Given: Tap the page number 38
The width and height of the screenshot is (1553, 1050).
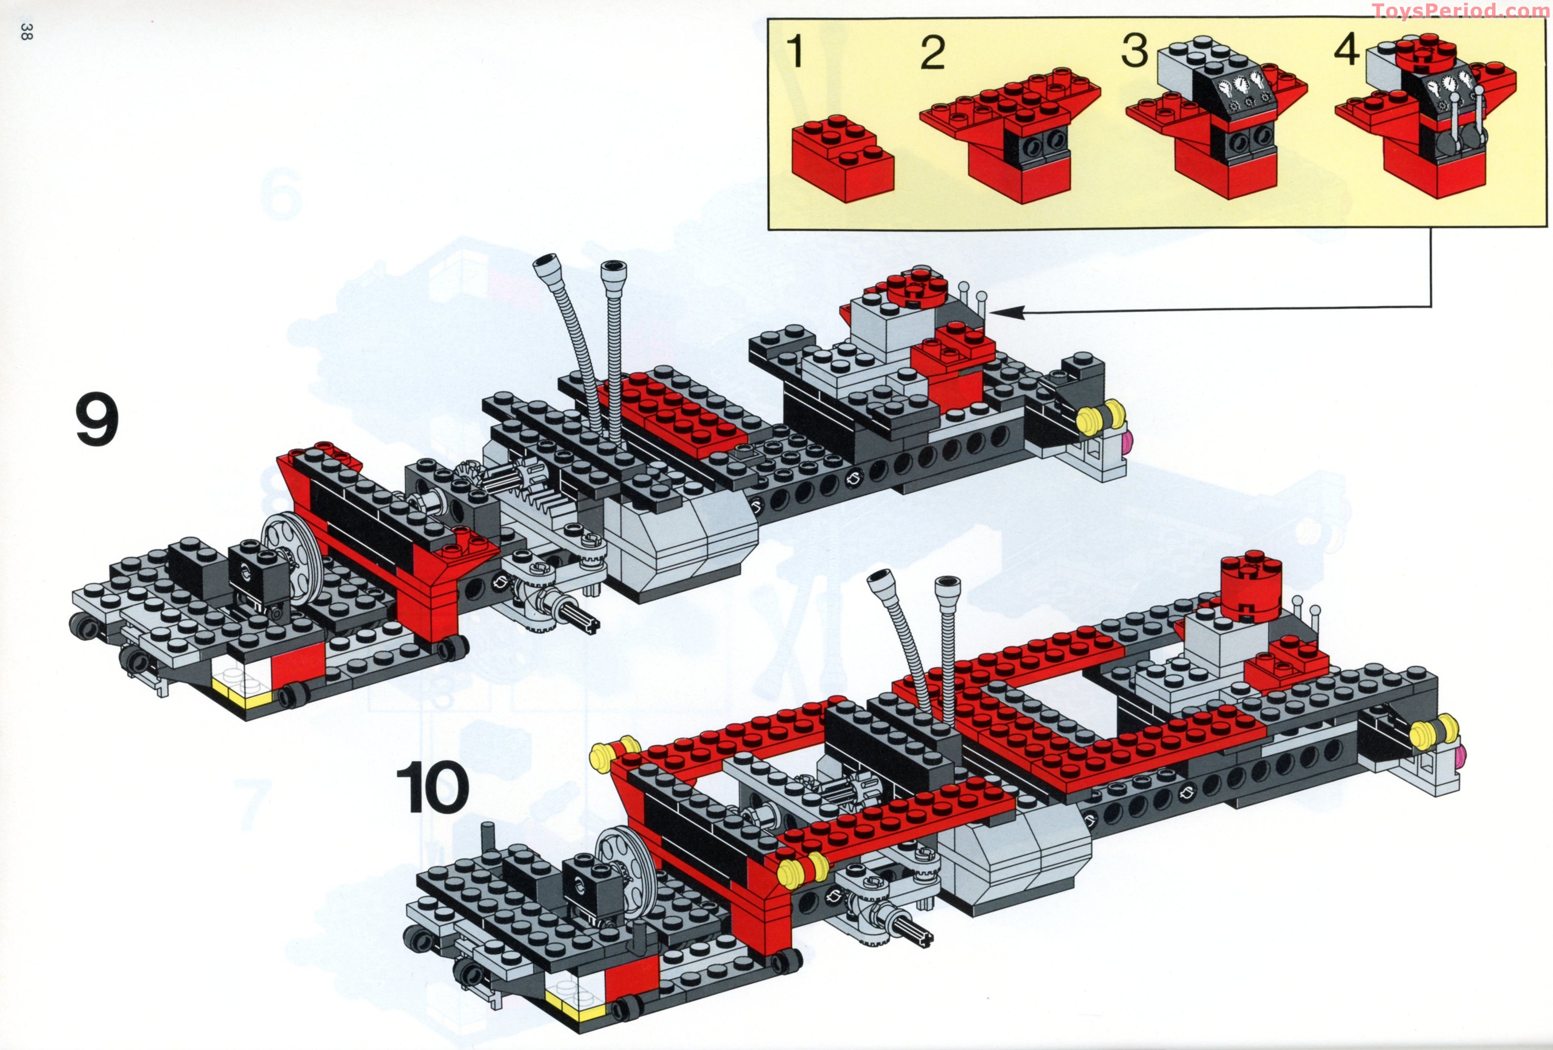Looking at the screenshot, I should (x=25, y=31).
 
